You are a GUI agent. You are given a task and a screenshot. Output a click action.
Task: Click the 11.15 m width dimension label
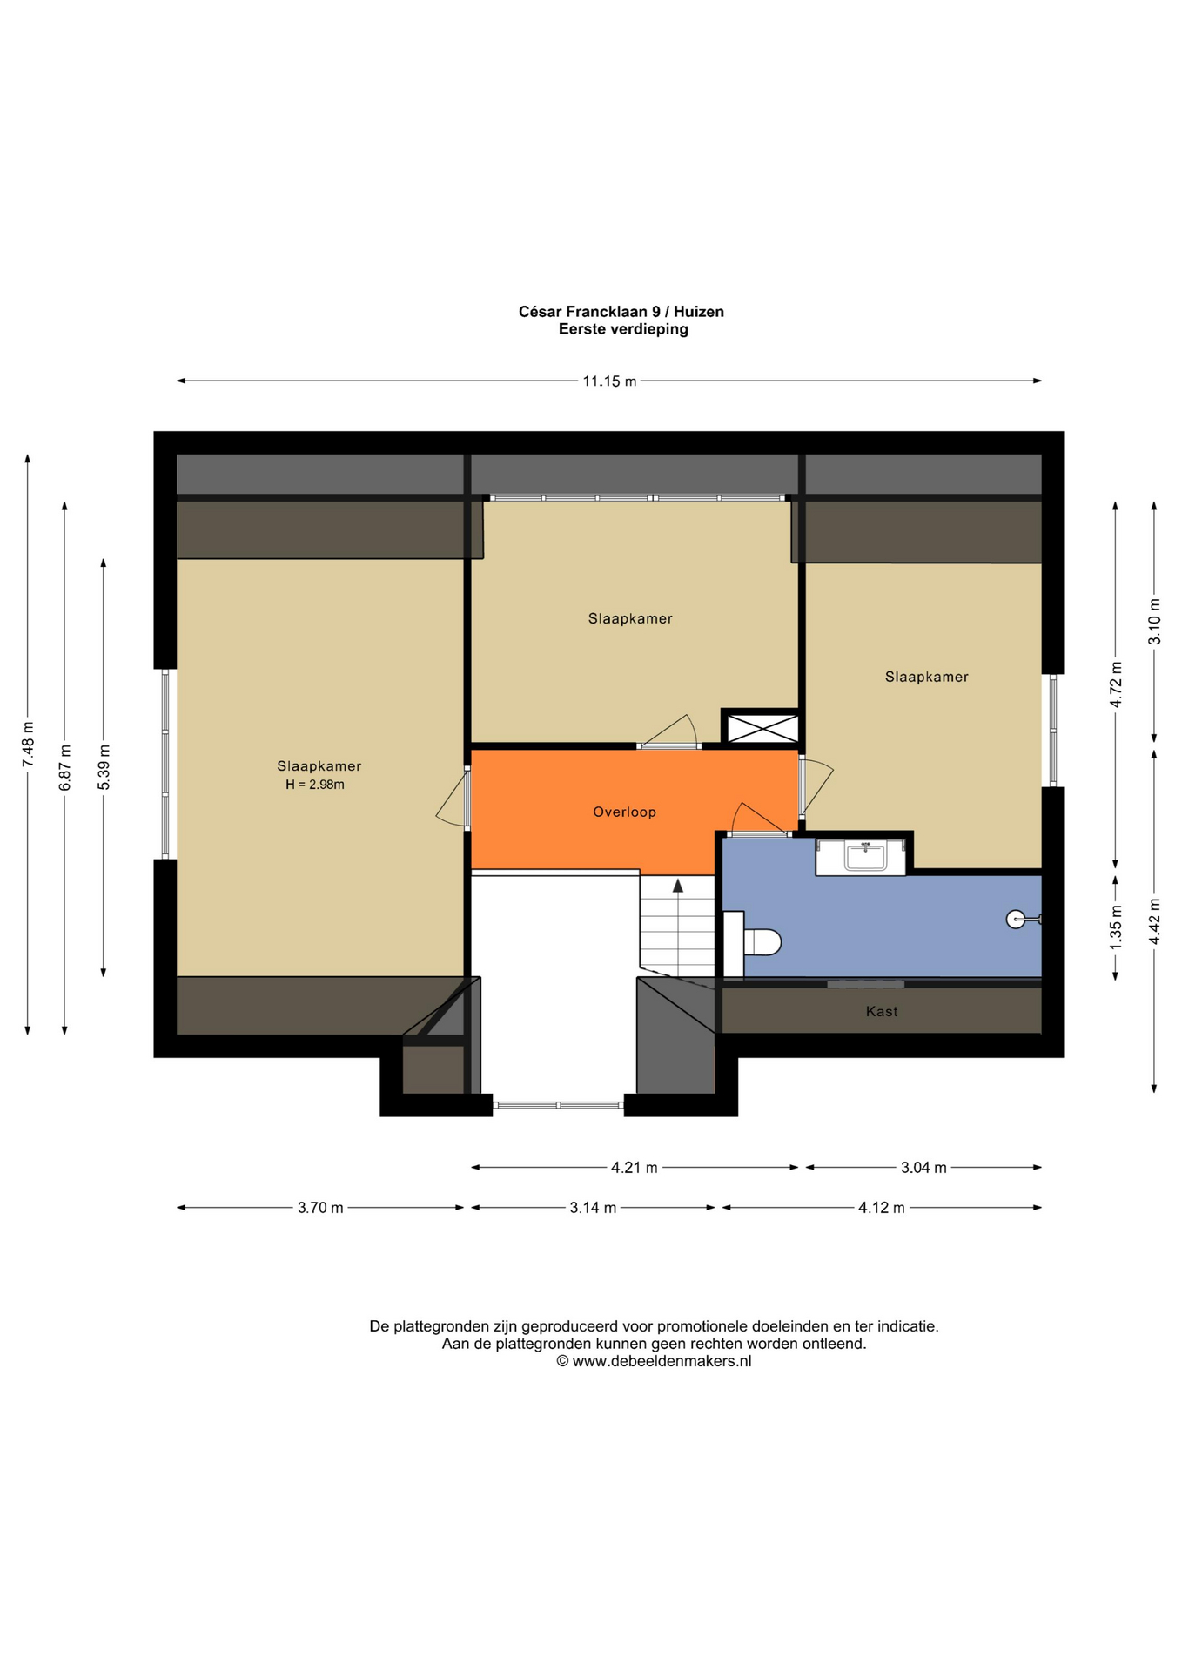coord(609,381)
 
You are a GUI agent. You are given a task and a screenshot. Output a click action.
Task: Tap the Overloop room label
coord(624,812)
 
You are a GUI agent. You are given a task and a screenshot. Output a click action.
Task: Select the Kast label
coord(882,1011)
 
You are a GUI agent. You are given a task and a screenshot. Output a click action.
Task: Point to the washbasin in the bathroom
coord(865,856)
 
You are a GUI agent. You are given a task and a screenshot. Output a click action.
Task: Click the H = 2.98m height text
coord(315,785)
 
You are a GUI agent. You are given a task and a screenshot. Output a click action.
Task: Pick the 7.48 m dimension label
coord(28,745)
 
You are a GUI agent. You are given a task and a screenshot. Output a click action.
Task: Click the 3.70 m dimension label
coord(320,1208)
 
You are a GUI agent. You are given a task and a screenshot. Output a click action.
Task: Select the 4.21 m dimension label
coord(635,1168)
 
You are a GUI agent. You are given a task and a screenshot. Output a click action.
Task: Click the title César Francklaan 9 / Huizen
coord(621,312)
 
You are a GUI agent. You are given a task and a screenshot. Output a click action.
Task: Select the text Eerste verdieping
coord(623,329)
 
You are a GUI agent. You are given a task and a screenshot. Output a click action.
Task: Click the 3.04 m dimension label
coord(923,1168)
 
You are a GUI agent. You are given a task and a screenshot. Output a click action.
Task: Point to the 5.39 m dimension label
coord(104,767)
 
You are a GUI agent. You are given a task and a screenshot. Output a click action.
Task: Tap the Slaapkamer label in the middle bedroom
coord(630,619)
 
